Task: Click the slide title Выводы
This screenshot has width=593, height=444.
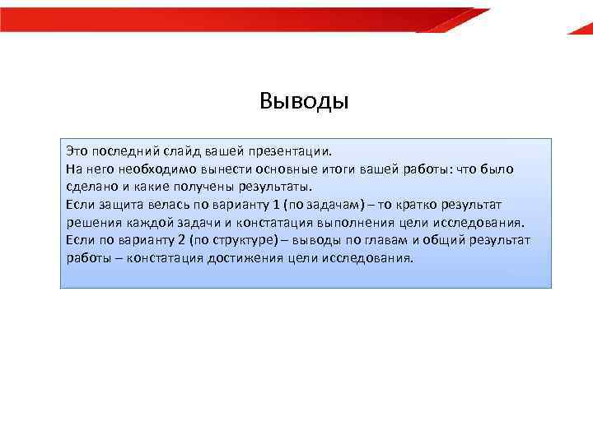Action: pos(304,101)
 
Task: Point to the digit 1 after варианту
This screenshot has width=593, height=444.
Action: pos(276,204)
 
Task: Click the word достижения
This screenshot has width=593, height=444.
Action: pos(251,257)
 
